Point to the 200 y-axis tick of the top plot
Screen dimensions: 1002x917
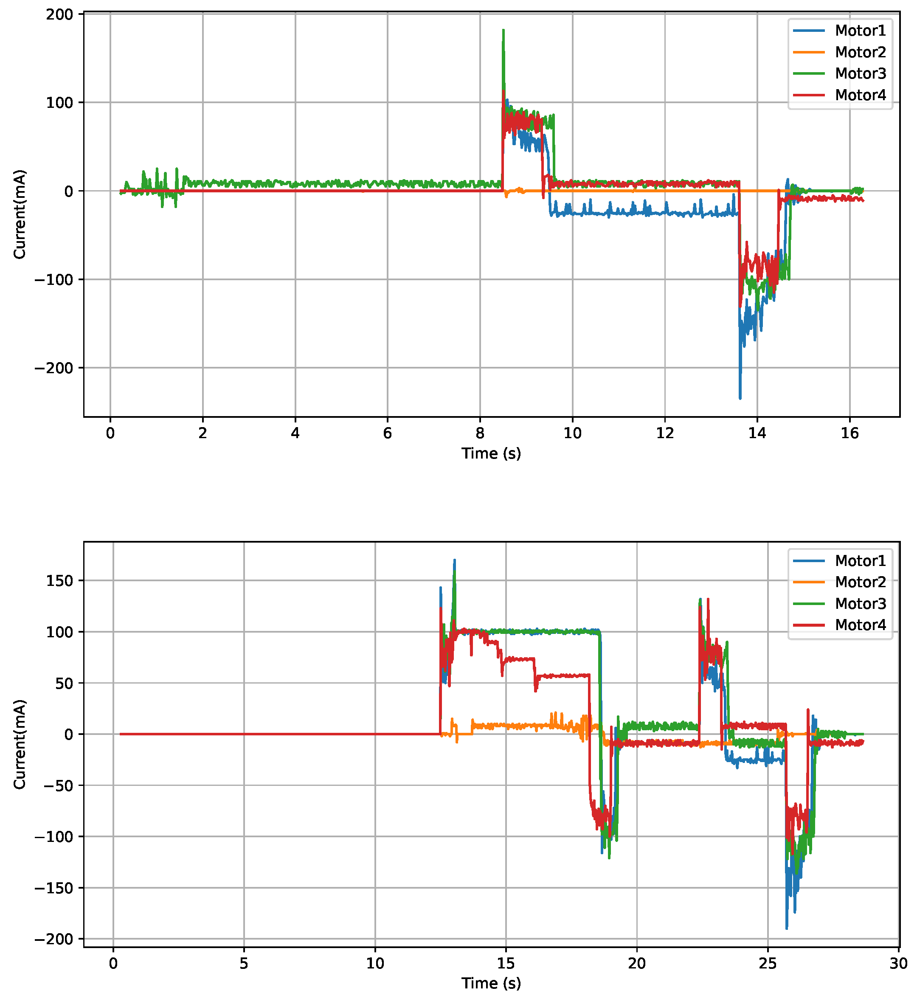click(x=59, y=14)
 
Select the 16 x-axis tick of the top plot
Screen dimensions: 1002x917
click(x=849, y=433)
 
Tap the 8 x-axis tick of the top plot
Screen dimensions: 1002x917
click(x=480, y=433)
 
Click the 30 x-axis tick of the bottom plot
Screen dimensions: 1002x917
click(x=898, y=964)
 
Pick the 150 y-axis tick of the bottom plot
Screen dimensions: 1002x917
click(x=59, y=581)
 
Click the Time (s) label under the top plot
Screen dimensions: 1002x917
click(x=491, y=453)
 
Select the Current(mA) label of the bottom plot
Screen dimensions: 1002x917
click(x=20, y=744)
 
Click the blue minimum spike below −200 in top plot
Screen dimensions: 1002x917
click(x=740, y=398)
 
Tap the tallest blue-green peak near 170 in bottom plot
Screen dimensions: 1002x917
click(x=454, y=560)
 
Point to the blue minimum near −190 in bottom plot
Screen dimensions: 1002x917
click(x=786, y=928)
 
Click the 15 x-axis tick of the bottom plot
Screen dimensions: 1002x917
click(x=506, y=964)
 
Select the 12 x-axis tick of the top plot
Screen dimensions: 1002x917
click(x=664, y=433)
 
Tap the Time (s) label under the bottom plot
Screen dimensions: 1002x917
click(x=491, y=983)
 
